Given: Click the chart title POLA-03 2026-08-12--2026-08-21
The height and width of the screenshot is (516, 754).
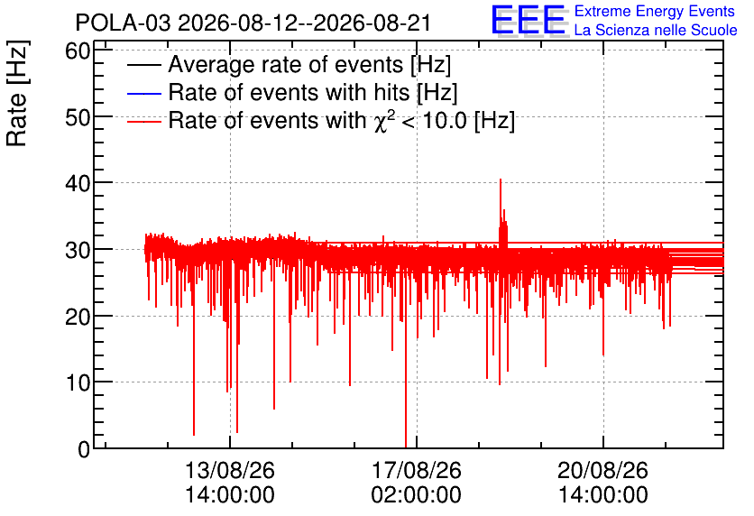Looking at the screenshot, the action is pyautogui.click(x=253, y=23).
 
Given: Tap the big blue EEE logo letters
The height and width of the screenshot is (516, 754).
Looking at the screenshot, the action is pyautogui.click(x=529, y=20).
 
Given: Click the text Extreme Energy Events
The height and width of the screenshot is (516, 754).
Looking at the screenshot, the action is pyautogui.click(x=655, y=11).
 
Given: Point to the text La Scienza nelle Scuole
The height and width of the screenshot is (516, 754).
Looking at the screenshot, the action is pyautogui.click(x=656, y=30).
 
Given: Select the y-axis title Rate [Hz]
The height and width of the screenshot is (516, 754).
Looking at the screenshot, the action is pyautogui.click(x=17, y=93).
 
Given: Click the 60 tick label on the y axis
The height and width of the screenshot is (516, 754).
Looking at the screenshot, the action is pyautogui.click(x=78, y=51).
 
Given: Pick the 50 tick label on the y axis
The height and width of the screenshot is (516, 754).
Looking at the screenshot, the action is pyautogui.click(x=78, y=117).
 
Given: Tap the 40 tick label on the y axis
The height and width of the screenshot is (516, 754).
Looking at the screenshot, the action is pyautogui.click(x=78, y=183).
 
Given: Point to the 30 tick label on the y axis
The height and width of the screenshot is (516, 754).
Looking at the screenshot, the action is pyautogui.click(x=78, y=250).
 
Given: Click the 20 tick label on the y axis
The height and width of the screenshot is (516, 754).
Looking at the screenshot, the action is pyautogui.click(x=78, y=317).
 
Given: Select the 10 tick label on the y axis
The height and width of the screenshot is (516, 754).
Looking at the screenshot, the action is pyautogui.click(x=78, y=382).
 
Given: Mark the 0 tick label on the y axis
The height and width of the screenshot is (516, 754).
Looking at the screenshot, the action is pyautogui.click(x=84, y=449).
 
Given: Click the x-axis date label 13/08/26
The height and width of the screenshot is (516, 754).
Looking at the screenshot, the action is pyautogui.click(x=230, y=470).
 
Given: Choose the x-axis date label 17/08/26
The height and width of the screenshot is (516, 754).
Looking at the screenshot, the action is pyautogui.click(x=417, y=470).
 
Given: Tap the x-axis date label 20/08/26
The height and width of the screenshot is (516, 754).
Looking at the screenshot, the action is pyautogui.click(x=603, y=470).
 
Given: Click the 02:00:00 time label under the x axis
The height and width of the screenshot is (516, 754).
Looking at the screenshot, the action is pyautogui.click(x=417, y=495).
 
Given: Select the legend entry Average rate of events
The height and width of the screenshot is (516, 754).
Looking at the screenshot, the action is pyautogui.click(x=289, y=64).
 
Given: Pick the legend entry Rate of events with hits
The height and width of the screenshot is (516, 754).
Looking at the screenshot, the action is pyautogui.click(x=292, y=92).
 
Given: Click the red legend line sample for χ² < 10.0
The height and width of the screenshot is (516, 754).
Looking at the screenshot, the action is pyautogui.click(x=143, y=121).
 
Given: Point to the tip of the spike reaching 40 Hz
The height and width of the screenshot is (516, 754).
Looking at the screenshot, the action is pyautogui.click(x=501, y=180).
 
